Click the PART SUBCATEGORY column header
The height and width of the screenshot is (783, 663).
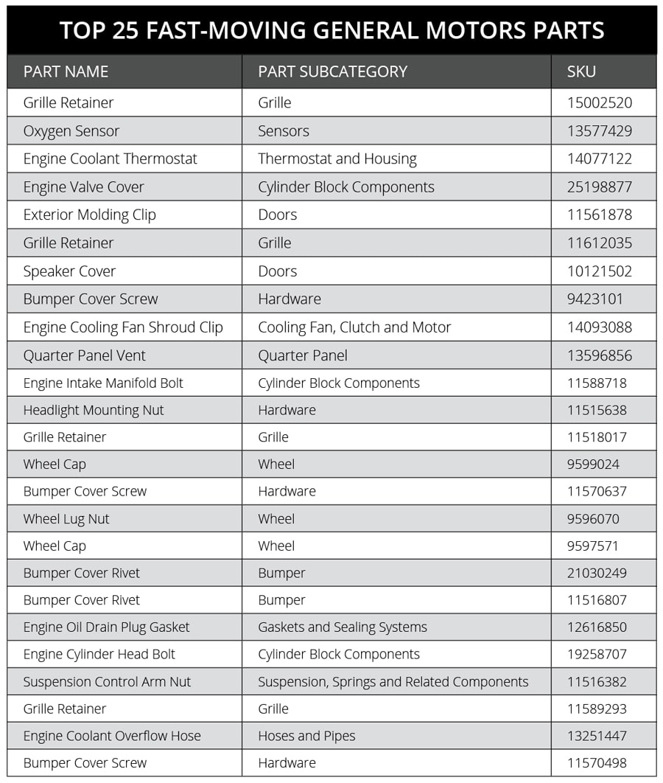332,72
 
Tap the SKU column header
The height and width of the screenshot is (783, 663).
581,72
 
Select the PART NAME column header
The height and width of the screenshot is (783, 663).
66,72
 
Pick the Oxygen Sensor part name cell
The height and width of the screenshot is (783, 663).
71,131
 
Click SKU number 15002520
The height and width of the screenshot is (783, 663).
599,103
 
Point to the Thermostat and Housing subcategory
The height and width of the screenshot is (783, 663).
337,159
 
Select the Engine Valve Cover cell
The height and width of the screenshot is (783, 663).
83,187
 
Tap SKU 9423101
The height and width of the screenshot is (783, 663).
594,299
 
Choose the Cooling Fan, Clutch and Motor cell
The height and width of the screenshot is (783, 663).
354,327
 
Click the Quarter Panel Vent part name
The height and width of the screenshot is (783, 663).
84,355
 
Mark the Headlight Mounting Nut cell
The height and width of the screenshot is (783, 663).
94,410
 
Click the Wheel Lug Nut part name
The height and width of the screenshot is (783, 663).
66,519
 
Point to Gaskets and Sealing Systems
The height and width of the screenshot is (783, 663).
342,627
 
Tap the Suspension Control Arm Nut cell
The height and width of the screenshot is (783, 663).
107,682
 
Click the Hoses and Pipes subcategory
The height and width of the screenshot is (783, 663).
306,736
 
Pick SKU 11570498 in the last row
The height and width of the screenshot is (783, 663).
599,763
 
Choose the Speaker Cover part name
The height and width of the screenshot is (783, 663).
69,271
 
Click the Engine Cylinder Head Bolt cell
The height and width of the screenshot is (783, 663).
99,655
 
